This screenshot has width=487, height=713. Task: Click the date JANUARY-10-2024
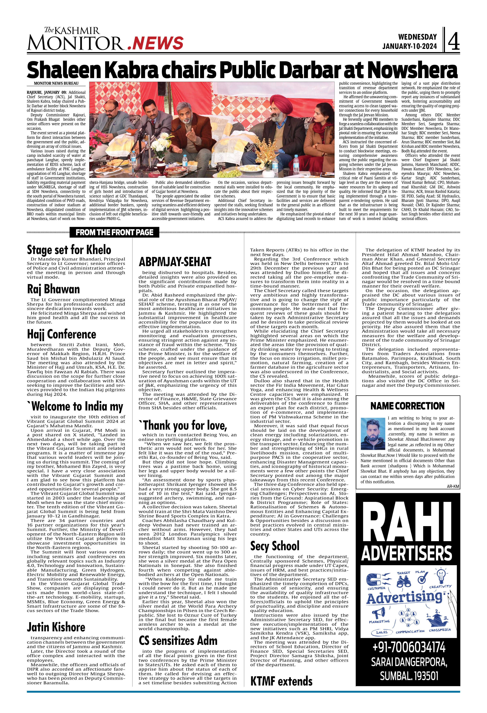tap(409, 46)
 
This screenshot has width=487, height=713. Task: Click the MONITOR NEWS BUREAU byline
tap(56, 84)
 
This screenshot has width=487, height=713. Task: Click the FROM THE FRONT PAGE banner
tap(114, 232)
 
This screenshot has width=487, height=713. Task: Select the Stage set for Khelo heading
tap(69, 250)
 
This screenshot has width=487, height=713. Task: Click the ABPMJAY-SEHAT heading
tap(175, 262)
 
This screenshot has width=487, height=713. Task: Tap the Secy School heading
tap(275, 546)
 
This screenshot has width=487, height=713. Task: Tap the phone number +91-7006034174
tap(408, 647)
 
